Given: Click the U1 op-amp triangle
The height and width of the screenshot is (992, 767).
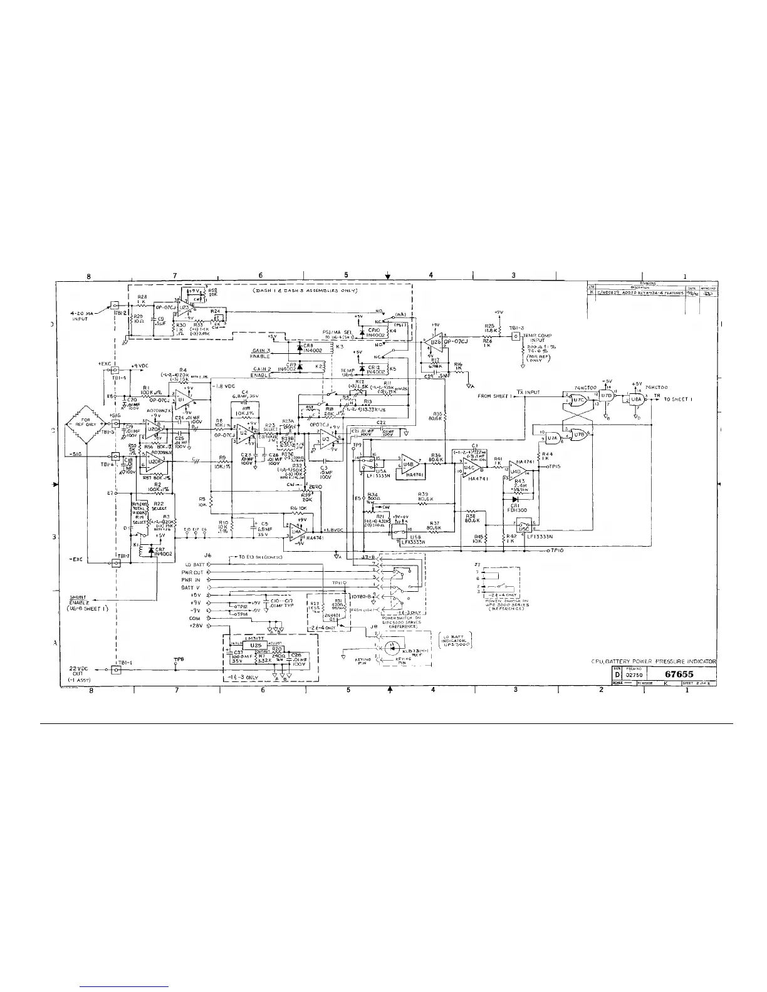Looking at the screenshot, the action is [182, 398].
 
